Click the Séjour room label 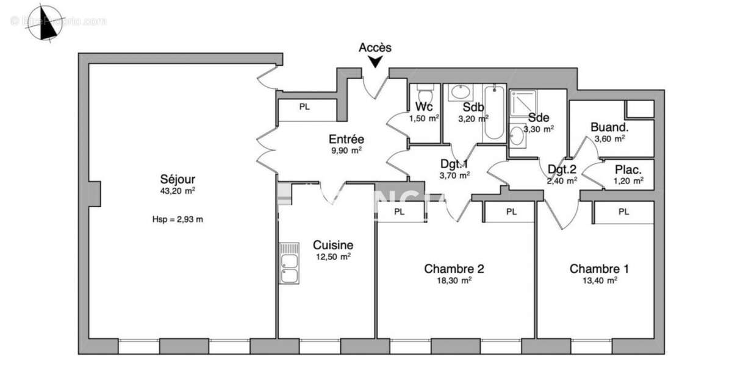coord(178,180)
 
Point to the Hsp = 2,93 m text coord(178,219)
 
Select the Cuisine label coord(333,245)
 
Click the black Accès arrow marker coord(376,61)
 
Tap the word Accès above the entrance coord(375,47)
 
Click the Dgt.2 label coord(562,169)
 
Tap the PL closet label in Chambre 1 coord(623,212)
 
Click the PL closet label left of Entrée coord(304,107)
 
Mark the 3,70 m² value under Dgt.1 coord(455,175)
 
